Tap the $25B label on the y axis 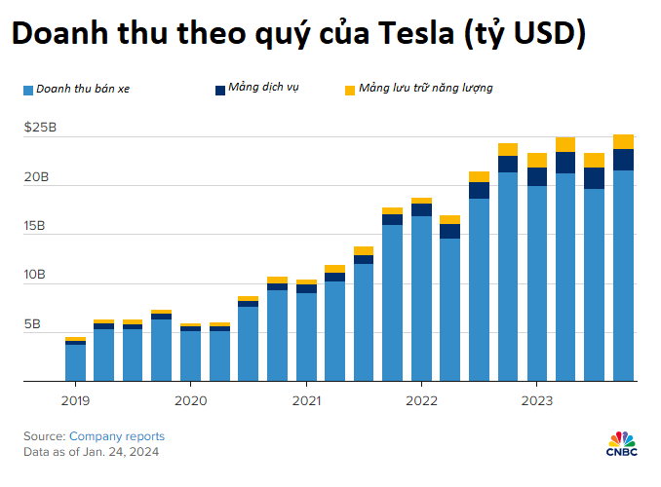[x=40, y=128]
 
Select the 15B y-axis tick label [x=36, y=226]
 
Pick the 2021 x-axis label [x=306, y=399]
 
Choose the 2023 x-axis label [x=537, y=399]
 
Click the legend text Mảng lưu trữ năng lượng [x=425, y=89]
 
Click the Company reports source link [x=117, y=436]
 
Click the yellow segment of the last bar [x=624, y=141]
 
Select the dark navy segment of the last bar [x=624, y=160]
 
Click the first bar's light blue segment [x=75, y=362]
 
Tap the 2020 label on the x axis [x=190, y=399]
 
